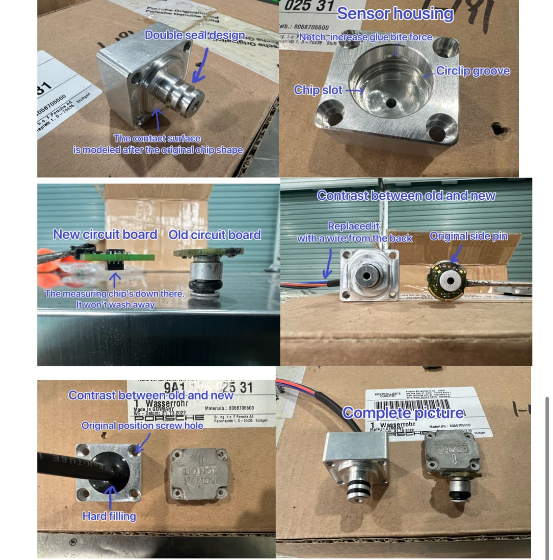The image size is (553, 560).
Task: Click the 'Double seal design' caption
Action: [195, 35]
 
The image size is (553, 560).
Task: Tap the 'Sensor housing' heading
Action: [395, 13]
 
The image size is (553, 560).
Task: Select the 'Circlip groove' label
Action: [473, 71]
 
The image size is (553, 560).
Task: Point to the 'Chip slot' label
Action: [318, 90]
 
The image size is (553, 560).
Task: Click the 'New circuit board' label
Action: [105, 234]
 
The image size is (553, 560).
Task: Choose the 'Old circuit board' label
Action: [214, 235]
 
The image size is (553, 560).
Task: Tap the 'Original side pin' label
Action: [468, 236]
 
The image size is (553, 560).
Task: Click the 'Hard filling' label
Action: [109, 516]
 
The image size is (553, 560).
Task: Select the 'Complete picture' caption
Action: [403, 413]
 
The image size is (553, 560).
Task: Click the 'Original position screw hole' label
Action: [142, 426]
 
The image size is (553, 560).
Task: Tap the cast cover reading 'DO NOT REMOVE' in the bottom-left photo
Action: [201, 475]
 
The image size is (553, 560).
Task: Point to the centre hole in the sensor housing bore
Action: [392, 103]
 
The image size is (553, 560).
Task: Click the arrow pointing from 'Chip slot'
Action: [354, 90]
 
